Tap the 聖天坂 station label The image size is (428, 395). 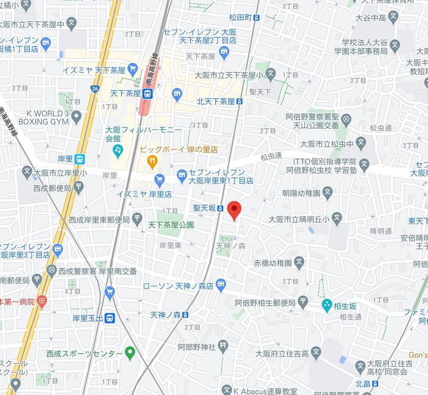point(204,208)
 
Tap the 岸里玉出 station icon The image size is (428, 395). point(109,317)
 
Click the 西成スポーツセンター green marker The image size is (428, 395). point(130,354)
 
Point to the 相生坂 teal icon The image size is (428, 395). point(326,305)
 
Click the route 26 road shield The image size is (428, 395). point(95,89)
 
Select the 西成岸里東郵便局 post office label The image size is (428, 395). point(99,219)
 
